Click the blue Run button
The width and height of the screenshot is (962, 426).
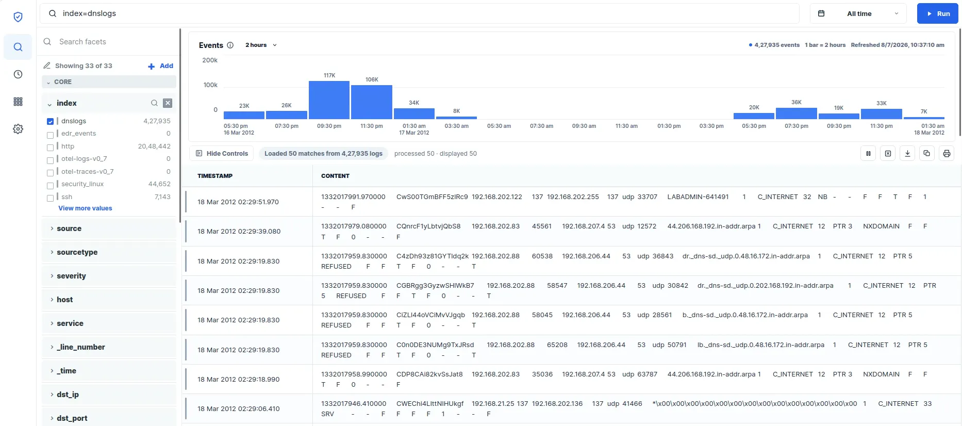[x=937, y=14]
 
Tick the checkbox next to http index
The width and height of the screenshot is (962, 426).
[x=50, y=147]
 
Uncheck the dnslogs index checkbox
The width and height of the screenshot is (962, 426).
[x=50, y=122]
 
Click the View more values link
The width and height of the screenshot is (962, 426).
[x=85, y=208]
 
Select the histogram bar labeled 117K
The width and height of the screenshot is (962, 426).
[x=329, y=100]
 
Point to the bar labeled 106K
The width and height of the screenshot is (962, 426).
[x=372, y=102]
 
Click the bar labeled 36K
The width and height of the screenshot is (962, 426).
[x=797, y=113]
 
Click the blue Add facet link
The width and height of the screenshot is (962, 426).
[x=161, y=66]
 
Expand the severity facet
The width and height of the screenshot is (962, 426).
[x=71, y=276]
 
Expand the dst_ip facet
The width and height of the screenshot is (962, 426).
[x=68, y=395]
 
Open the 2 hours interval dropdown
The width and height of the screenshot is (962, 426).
[x=261, y=45]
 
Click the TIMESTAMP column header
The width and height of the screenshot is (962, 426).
[x=215, y=176]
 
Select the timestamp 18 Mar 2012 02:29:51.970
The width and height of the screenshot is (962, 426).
[x=238, y=202]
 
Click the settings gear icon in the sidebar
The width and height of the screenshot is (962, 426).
[x=18, y=129]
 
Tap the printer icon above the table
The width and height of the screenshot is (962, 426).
[x=947, y=153]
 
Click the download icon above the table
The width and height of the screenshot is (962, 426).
[x=907, y=153]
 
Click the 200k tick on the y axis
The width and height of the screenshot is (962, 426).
[x=210, y=60]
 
